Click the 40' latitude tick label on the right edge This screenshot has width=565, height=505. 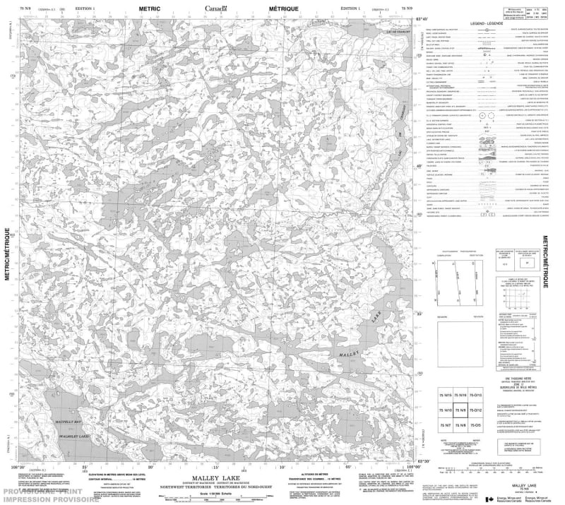pyautogui.click(x=420, y=167)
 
